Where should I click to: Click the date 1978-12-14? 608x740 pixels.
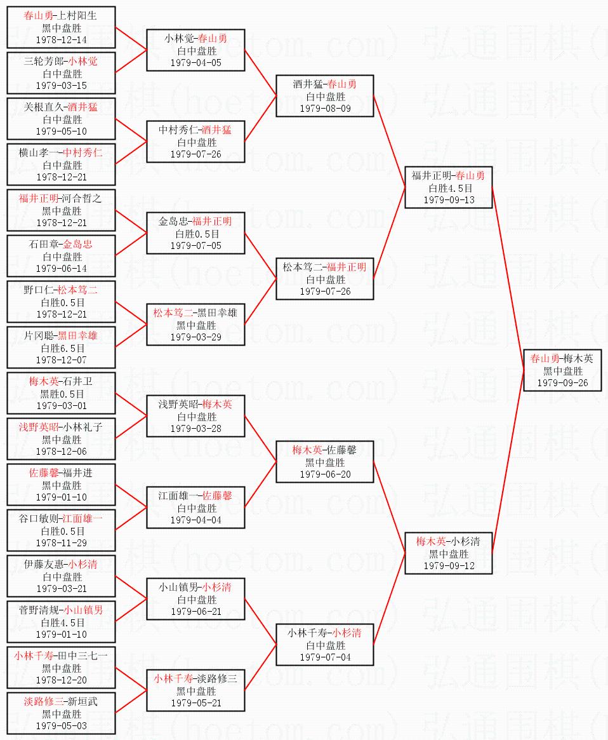coord(62,40)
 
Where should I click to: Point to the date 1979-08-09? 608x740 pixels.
coord(325,109)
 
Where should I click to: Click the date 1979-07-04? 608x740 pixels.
coord(325,657)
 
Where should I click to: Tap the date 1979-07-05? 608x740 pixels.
coord(195,246)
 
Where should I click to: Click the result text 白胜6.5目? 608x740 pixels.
coord(62,348)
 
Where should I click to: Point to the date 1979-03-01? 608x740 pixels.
coord(62,406)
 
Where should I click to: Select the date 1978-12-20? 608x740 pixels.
coord(62,680)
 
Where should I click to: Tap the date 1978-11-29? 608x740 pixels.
coord(62,543)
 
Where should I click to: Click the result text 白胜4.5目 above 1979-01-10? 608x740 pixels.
coord(62,622)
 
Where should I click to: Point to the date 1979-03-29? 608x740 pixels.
coord(195,337)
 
